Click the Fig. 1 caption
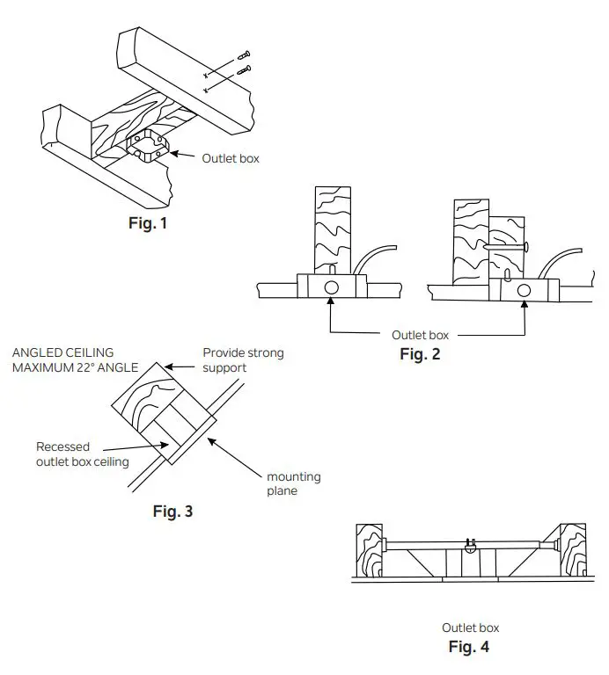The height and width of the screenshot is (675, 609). (x=147, y=223)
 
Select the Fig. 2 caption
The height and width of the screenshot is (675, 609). (x=420, y=355)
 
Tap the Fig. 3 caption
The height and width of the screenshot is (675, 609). (x=172, y=512)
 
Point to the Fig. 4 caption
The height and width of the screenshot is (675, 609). (x=469, y=647)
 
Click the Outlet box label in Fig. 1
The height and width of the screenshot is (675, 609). (x=231, y=158)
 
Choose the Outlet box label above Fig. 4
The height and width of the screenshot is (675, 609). (x=470, y=628)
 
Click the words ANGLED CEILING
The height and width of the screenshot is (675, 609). (x=62, y=352)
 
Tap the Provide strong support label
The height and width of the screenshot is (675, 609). (x=243, y=359)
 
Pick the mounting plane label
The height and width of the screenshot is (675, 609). (x=293, y=484)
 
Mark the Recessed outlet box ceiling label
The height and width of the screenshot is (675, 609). (x=80, y=454)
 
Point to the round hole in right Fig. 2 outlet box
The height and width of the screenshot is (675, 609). (x=525, y=289)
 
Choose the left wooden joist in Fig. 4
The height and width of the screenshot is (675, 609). (x=369, y=552)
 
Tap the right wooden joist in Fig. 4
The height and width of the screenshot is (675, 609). (x=572, y=551)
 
